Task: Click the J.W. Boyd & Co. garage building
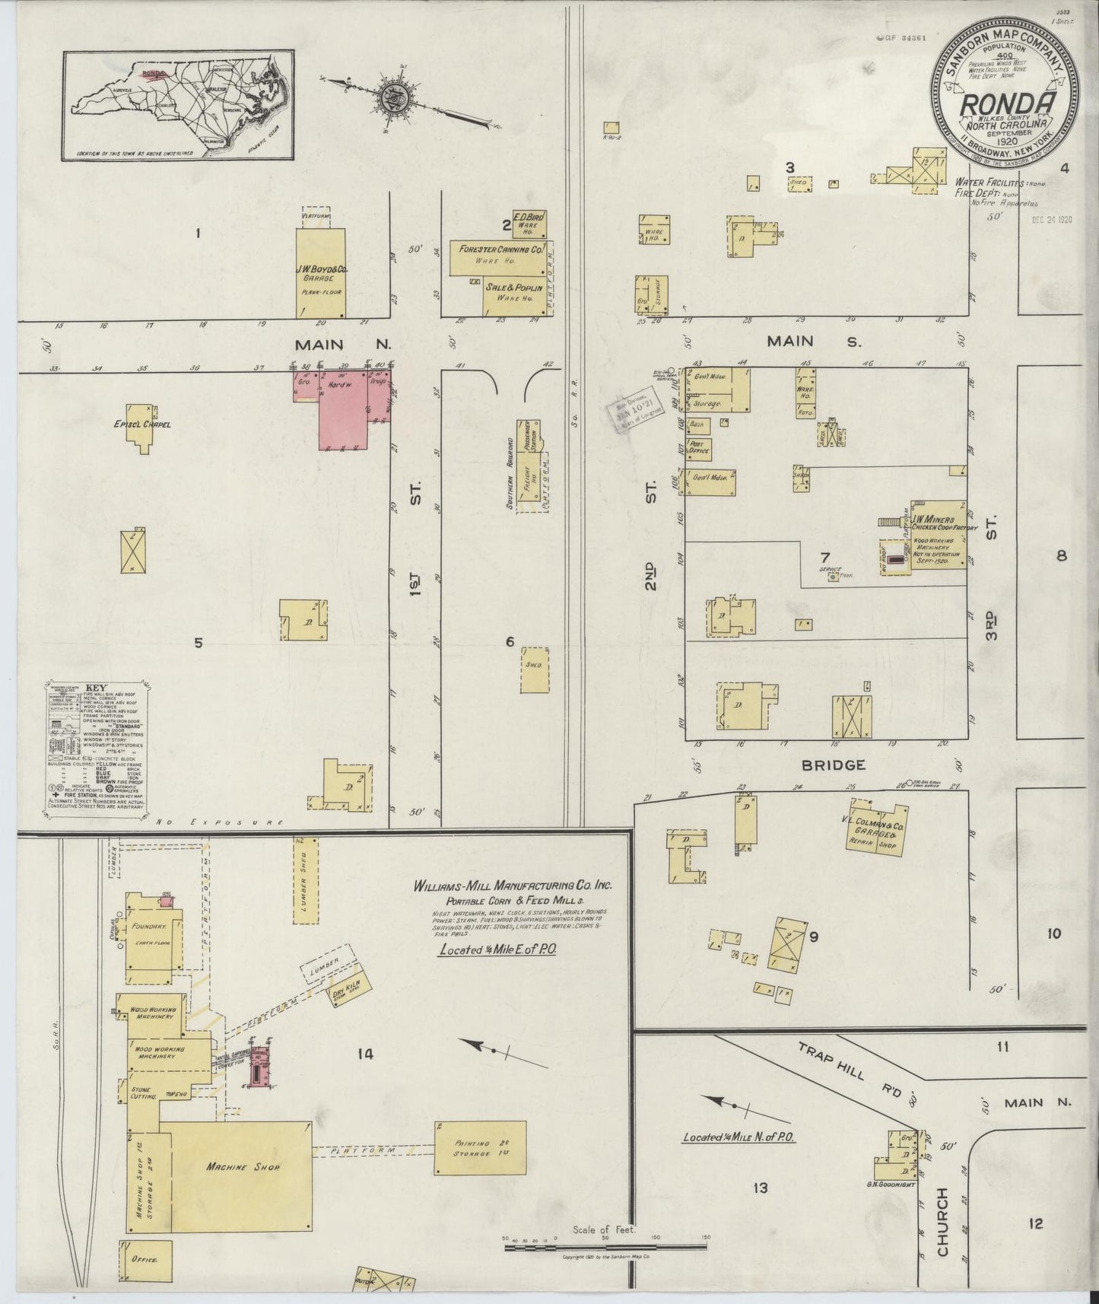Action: [320, 273]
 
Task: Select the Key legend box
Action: [96, 746]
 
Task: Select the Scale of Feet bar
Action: [605, 1239]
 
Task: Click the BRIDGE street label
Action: [833, 765]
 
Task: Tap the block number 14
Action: [365, 1054]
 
